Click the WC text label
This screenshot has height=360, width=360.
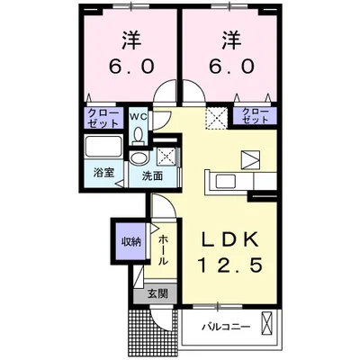pyautogui.click(x=138, y=116)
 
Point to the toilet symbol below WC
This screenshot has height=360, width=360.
pyautogui.click(x=138, y=135)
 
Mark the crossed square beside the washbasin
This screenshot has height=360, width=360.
pyautogui.click(x=164, y=155)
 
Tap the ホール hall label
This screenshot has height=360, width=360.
pyautogui.click(x=162, y=247)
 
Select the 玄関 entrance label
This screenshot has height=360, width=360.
pyautogui.click(x=157, y=292)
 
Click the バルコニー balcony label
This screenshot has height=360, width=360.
pyautogui.click(x=225, y=325)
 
